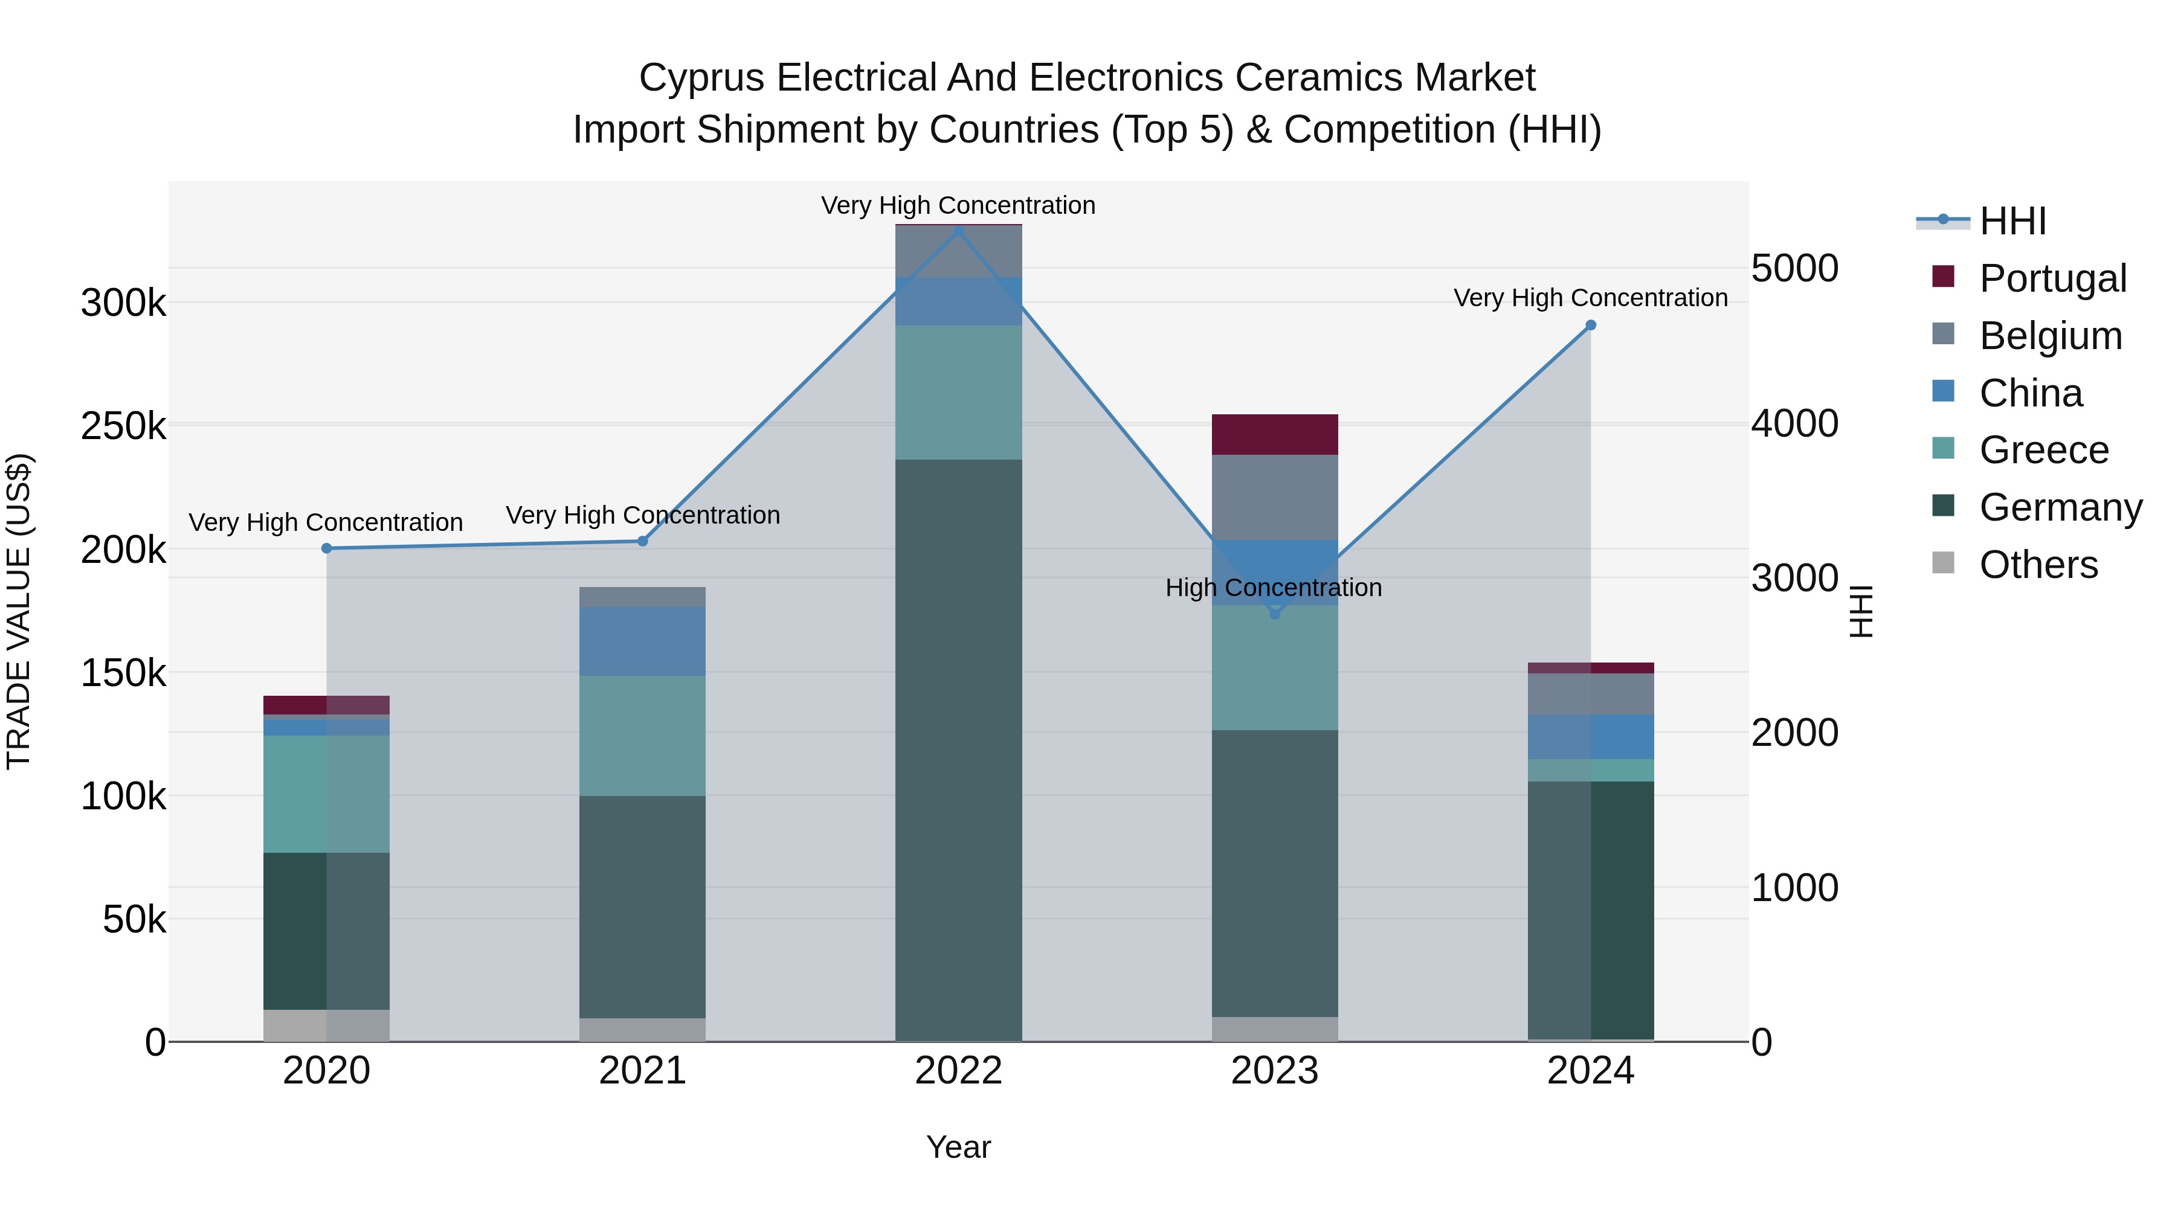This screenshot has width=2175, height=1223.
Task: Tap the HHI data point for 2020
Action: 327,548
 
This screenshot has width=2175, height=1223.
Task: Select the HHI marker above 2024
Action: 1591,325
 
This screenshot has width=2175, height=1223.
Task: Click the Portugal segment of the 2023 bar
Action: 1275,435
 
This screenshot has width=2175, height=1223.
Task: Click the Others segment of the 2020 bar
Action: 327,1026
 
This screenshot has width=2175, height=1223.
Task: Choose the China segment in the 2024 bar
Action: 1591,737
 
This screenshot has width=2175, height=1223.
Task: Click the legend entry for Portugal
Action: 2052,278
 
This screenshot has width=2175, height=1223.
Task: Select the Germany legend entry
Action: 2060,508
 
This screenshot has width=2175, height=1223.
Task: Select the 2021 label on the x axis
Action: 643,1071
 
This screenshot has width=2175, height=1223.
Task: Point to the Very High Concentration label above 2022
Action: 958,205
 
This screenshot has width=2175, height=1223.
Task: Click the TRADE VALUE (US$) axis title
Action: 19,611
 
